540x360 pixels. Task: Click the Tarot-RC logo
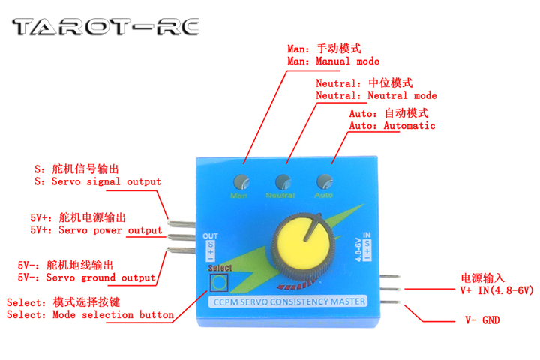point(106,28)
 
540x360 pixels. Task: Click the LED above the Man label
point(241,182)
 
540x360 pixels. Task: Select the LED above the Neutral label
point(283,182)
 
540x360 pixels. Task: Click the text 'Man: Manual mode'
point(333,61)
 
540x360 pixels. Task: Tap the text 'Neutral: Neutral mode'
point(376,96)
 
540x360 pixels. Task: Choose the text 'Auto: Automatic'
point(392,126)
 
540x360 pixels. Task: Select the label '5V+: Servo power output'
point(96,230)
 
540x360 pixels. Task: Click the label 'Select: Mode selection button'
point(90,315)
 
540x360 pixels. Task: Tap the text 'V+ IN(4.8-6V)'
point(496,289)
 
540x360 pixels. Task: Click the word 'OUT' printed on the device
point(211,235)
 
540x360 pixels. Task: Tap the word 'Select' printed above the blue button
point(221,268)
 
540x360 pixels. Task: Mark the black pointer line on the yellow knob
point(310,228)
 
